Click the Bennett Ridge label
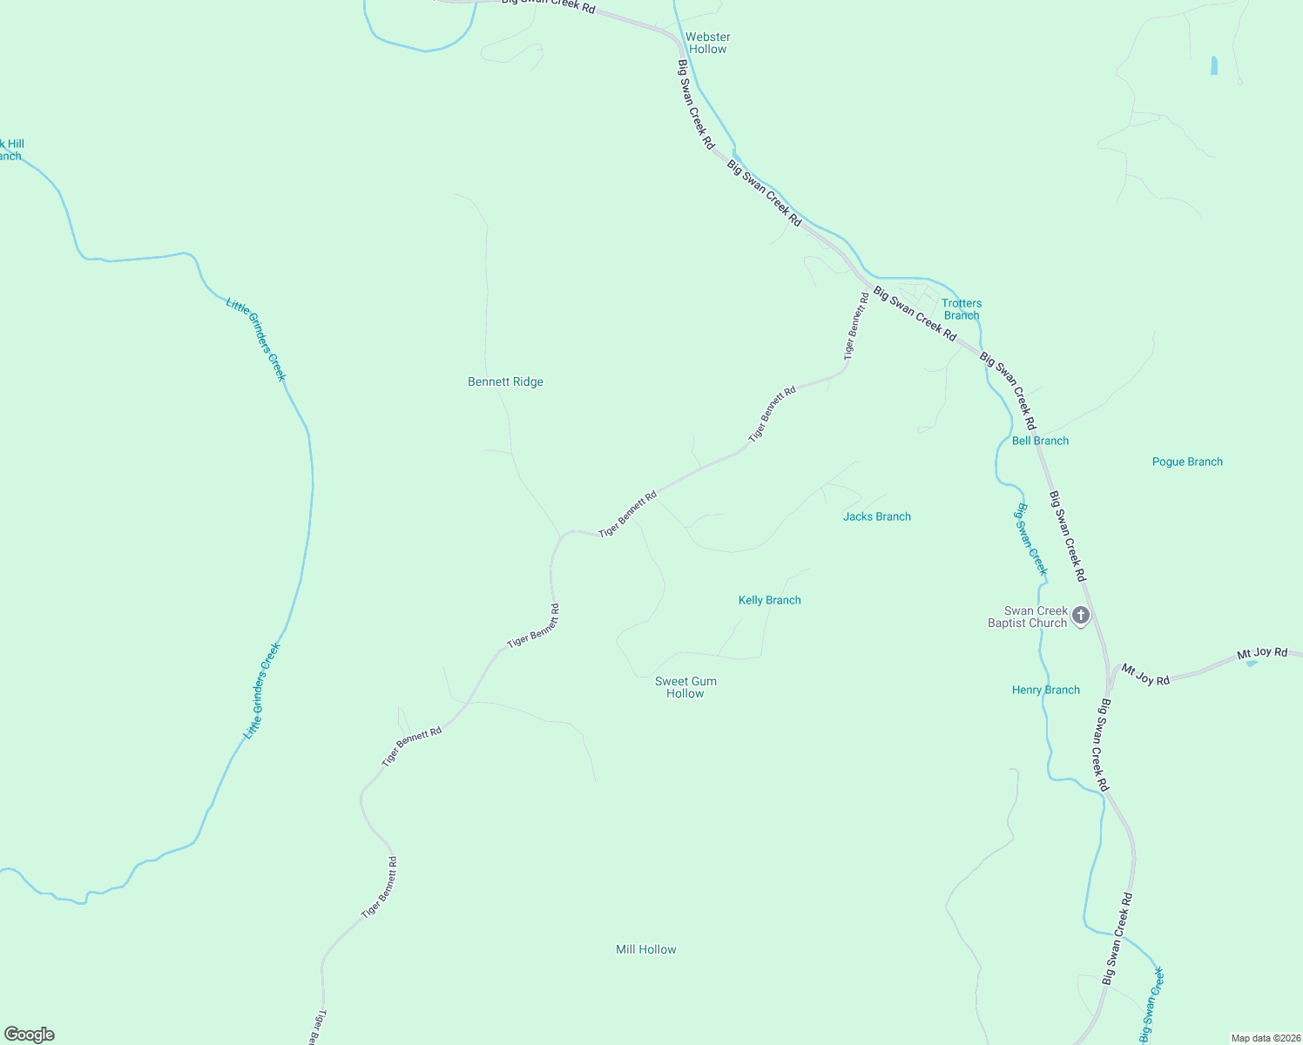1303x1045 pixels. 505,381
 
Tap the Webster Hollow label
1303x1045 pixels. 707,43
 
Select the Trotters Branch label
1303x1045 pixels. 962,309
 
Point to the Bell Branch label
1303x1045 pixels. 1040,441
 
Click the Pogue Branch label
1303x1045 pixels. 1187,462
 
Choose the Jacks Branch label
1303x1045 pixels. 876,516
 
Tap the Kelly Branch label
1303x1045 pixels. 769,600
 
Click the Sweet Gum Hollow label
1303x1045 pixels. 685,687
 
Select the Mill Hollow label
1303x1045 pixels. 645,949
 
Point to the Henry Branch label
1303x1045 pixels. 1045,690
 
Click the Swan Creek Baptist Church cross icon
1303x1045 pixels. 1081,616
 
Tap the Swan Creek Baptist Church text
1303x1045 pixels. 1029,617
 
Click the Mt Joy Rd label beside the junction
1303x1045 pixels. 1144,675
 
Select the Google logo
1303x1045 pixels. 30,1034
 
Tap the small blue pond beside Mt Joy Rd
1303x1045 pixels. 1252,664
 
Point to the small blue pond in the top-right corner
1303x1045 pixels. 1213,65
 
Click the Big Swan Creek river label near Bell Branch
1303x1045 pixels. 1030,539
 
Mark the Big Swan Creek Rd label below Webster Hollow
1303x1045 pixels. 696,104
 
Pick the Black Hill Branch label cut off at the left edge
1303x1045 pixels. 10,150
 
